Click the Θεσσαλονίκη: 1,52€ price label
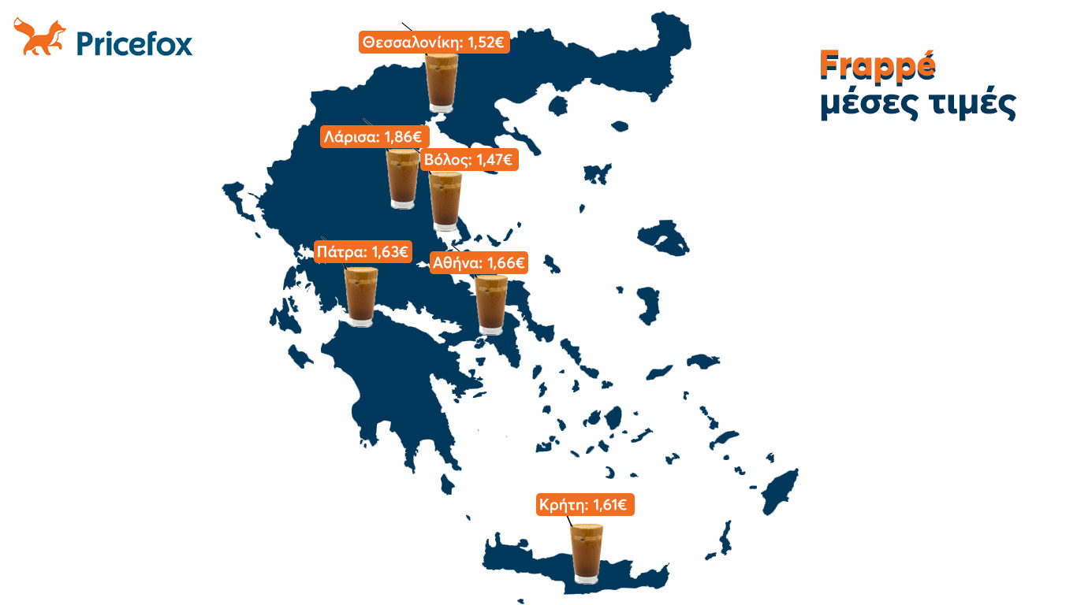[x=434, y=42]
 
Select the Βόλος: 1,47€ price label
[x=468, y=161]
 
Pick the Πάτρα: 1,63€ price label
[x=362, y=252]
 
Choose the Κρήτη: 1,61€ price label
[x=584, y=505]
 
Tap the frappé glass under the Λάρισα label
[x=403, y=180]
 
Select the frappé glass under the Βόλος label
[x=445, y=200]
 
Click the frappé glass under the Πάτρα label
[x=362, y=297]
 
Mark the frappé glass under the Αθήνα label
[x=491, y=306]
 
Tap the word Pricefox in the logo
[x=134, y=43]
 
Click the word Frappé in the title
[x=877, y=66]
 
